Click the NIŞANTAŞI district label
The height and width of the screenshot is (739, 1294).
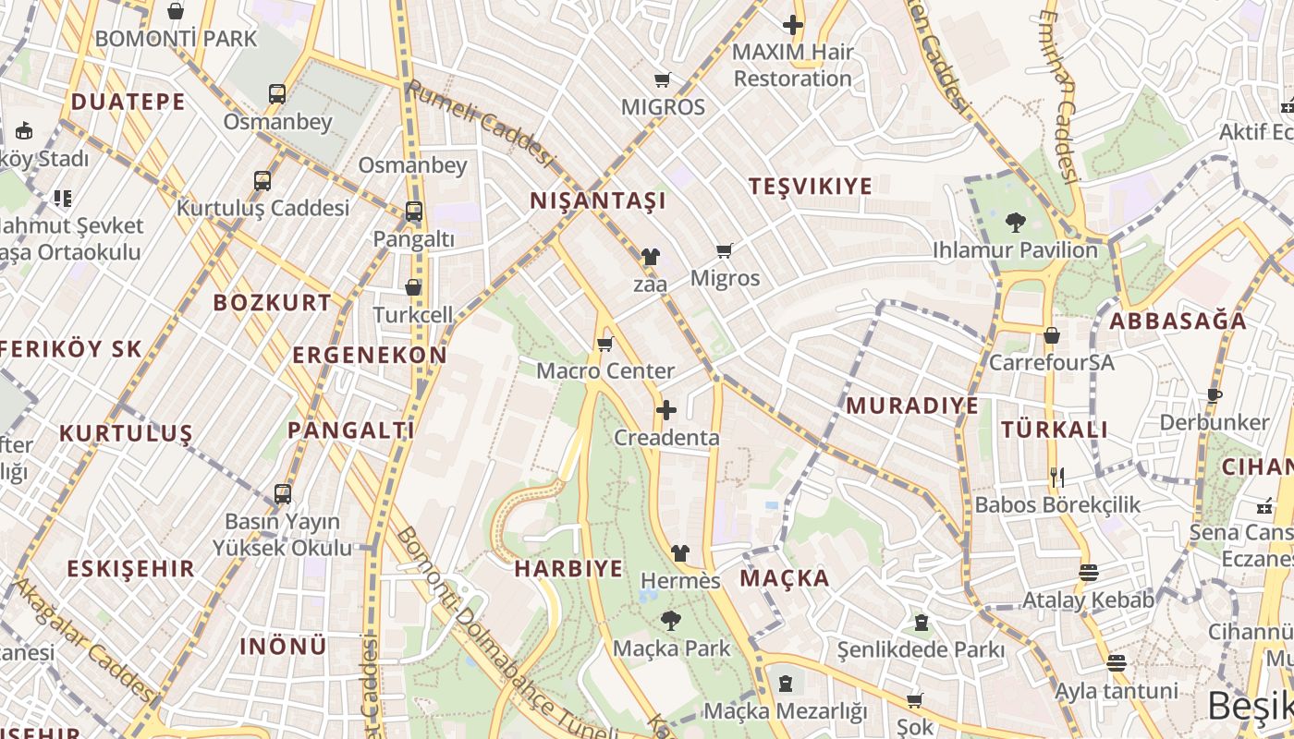(x=597, y=200)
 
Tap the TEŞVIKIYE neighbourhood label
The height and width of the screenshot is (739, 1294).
(x=810, y=186)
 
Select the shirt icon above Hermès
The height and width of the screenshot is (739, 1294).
(x=680, y=553)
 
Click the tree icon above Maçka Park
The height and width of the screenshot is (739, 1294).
(x=671, y=621)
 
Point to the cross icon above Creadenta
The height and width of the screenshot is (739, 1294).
(x=665, y=410)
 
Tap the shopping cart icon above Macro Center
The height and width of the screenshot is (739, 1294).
(x=605, y=345)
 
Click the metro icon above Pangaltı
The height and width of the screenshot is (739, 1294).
(x=413, y=212)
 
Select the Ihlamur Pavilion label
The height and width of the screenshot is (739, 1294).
(x=1015, y=249)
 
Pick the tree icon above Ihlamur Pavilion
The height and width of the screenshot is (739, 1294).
(x=1015, y=223)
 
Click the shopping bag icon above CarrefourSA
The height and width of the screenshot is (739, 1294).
(x=1051, y=335)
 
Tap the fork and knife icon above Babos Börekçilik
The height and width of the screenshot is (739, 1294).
(x=1057, y=478)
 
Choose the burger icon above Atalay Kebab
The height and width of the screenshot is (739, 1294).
(x=1088, y=573)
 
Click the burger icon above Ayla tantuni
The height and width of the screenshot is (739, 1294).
(x=1117, y=663)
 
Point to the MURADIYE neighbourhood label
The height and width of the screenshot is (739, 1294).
(x=912, y=406)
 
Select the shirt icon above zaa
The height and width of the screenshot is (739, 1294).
(x=650, y=257)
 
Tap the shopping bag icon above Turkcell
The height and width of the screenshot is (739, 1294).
(x=413, y=287)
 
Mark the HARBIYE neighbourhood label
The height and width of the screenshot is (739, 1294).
(x=568, y=568)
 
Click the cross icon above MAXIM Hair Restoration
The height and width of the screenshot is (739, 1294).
(x=793, y=25)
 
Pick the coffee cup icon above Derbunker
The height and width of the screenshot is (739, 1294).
(x=1215, y=395)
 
